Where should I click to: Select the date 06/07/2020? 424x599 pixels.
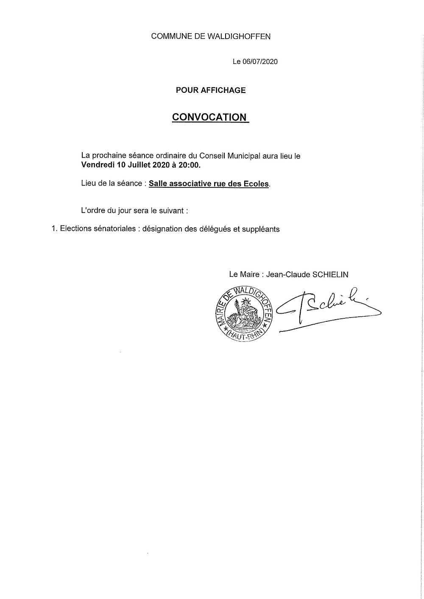(260, 62)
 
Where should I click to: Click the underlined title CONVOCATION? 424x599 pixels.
(209, 117)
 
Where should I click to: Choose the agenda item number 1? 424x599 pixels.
(53, 229)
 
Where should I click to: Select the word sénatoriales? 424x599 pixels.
(113, 229)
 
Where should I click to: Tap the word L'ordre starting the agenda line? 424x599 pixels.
(91, 210)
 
